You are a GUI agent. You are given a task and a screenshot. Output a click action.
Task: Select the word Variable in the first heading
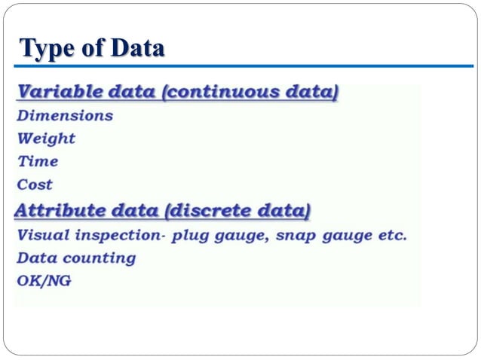click(60, 93)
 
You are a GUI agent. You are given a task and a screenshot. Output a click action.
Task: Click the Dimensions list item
click(65, 116)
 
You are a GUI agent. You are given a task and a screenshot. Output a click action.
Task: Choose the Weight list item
click(46, 139)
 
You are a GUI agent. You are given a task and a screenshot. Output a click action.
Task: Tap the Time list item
click(38, 161)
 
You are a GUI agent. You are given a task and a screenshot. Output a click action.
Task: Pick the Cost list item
click(35, 184)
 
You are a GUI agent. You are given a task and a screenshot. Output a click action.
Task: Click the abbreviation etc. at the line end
click(392, 235)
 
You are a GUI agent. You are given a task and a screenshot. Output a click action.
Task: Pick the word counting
click(98, 258)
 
